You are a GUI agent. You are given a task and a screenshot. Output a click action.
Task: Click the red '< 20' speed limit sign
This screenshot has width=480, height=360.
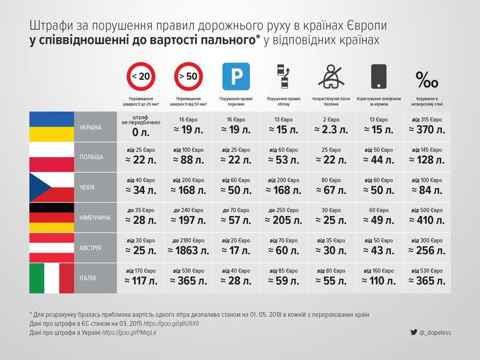(x=141, y=77)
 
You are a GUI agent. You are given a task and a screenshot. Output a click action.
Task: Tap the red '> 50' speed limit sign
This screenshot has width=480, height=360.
(x=189, y=77)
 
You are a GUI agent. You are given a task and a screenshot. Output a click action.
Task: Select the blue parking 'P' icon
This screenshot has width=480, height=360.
(x=236, y=77)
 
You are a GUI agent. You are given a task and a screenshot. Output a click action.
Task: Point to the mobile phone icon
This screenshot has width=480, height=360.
(x=379, y=77)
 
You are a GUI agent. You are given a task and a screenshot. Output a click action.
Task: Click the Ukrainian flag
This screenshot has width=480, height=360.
(x=52, y=127)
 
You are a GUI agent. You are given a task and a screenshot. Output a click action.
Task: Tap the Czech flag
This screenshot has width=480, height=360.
(x=52, y=188)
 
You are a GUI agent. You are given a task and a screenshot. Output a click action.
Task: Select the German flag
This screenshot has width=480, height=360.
(x=52, y=217)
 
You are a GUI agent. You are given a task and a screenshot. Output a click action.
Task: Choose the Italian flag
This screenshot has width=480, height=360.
(x=52, y=278)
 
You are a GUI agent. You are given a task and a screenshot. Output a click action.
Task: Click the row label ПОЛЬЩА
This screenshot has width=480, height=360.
(x=91, y=157)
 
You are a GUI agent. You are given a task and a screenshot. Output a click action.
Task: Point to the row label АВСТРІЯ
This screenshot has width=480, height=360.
(x=90, y=248)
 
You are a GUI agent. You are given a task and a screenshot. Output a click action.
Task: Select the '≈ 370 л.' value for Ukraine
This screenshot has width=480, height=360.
(x=427, y=130)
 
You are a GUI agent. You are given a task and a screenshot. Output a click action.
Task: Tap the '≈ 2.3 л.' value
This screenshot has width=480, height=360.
(x=331, y=130)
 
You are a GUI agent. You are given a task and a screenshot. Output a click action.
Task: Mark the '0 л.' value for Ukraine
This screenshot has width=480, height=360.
(x=141, y=132)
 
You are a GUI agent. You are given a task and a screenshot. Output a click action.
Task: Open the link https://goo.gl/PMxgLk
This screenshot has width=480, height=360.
(x=129, y=332)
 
